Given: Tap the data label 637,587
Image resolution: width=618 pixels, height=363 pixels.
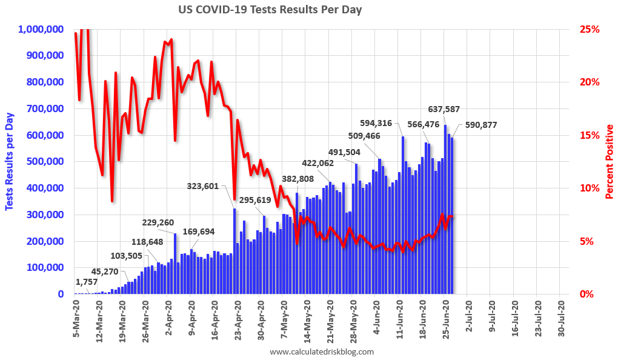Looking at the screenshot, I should [444, 110].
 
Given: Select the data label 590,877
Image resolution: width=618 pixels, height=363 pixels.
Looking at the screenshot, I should [481, 125].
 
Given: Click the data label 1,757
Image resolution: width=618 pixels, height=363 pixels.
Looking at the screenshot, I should [87, 282].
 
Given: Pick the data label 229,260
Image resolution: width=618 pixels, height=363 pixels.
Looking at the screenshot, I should [159, 222].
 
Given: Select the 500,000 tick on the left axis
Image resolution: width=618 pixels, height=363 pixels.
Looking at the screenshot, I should [47, 161].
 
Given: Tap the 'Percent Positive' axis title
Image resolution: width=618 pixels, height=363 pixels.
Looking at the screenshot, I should [610, 162].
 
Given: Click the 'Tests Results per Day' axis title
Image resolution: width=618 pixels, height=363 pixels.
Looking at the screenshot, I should [10, 162].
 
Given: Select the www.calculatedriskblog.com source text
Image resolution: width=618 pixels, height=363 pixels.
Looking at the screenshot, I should [321, 352].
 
